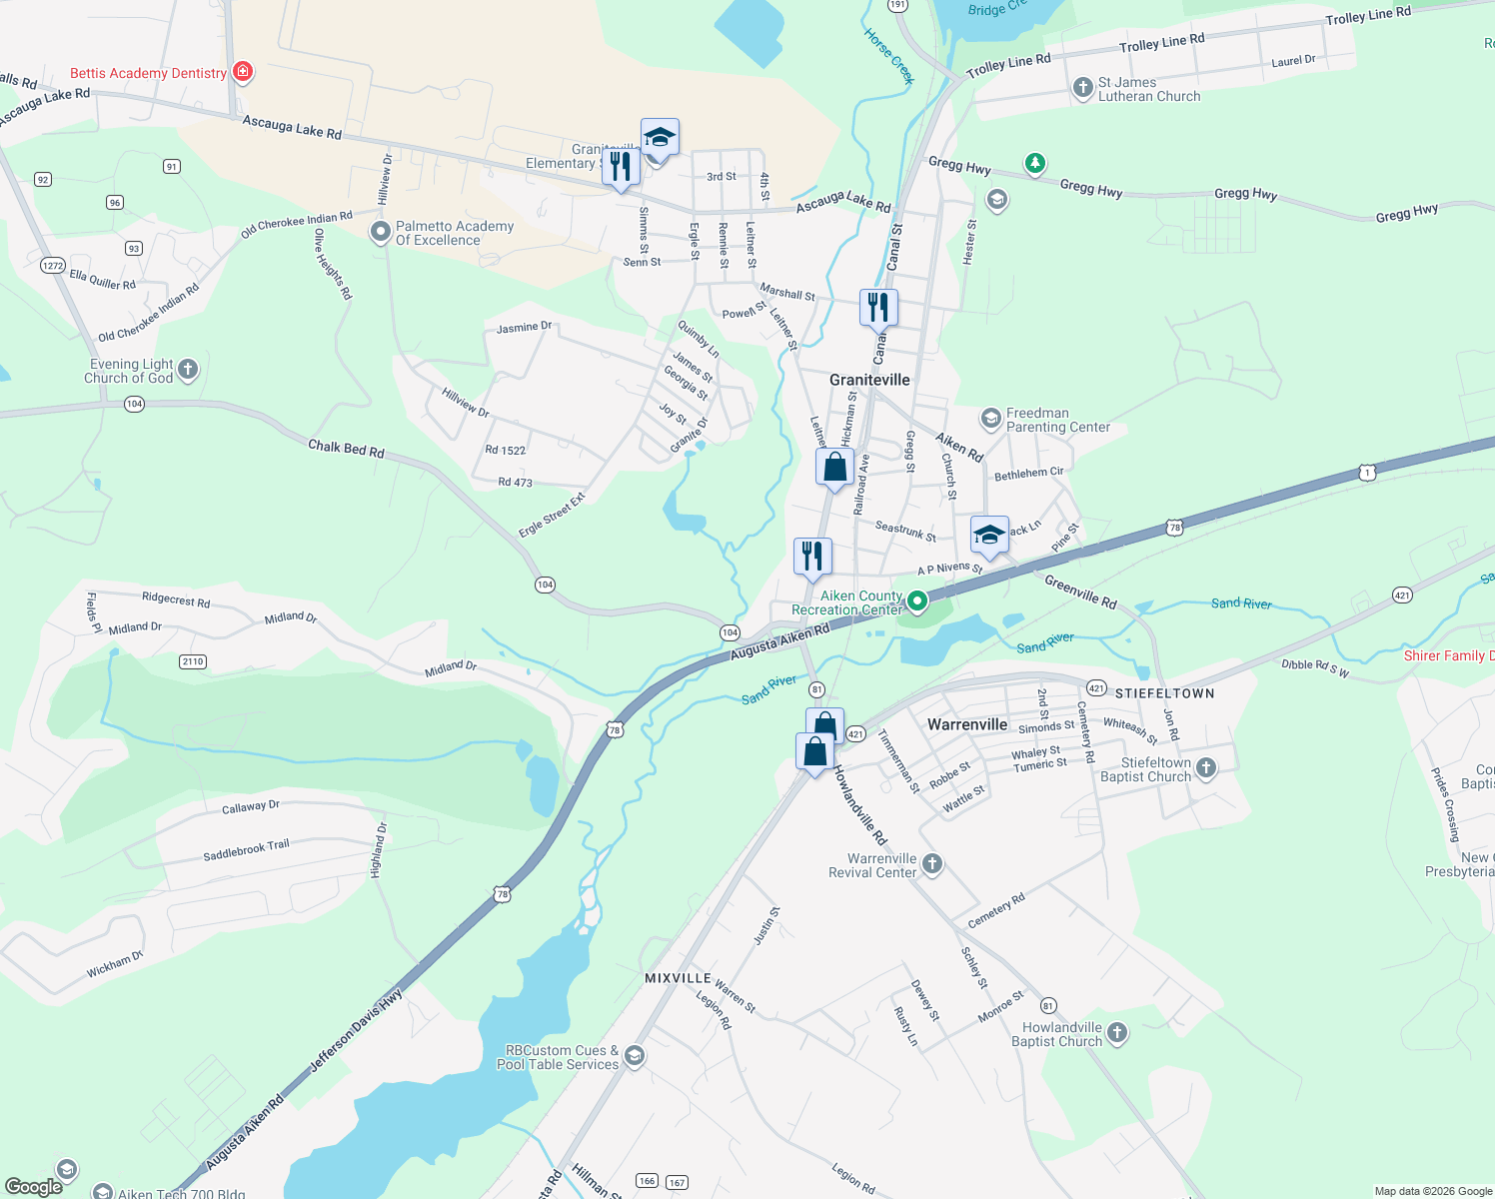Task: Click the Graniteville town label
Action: click(869, 380)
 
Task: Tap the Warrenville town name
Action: click(966, 724)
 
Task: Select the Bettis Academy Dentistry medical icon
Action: click(242, 72)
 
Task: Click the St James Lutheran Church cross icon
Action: click(1082, 89)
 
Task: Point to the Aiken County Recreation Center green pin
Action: click(916, 601)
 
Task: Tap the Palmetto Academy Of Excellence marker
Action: click(380, 233)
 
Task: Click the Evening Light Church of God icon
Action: click(187, 371)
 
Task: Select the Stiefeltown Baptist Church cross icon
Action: click(1206, 768)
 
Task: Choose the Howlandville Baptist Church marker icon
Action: click(1116, 1033)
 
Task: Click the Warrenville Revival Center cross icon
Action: click(931, 864)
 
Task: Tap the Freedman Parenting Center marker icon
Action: click(990, 419)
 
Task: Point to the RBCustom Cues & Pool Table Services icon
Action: click(634, 1057)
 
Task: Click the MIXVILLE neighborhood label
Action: click(678, 978)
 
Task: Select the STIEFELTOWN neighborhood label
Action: click(1164, 693)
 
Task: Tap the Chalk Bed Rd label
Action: click(346, 449)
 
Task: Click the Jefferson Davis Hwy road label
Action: click(355, 1031)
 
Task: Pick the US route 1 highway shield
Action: click(1367, 473)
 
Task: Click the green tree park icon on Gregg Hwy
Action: click(1034, 162)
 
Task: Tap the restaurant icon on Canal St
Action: click(878, 307)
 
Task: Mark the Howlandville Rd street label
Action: click(859, 805)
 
